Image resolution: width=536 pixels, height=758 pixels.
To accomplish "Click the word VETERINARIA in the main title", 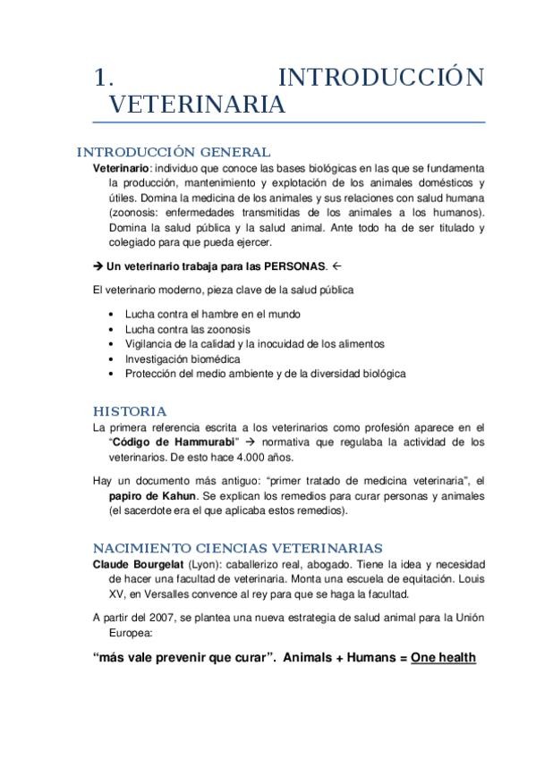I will [198, 105].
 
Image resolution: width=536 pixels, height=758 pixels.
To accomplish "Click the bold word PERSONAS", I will [288, 265].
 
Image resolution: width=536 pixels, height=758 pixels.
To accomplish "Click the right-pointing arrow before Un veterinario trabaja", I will [98, 265].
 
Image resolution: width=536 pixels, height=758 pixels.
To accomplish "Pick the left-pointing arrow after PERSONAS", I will [336, 265].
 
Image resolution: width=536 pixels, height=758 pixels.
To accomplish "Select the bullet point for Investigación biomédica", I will [110, 358].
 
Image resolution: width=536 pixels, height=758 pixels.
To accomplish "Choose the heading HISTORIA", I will [130, 411].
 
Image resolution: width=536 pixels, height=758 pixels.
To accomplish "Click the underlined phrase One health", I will [443, 657].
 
